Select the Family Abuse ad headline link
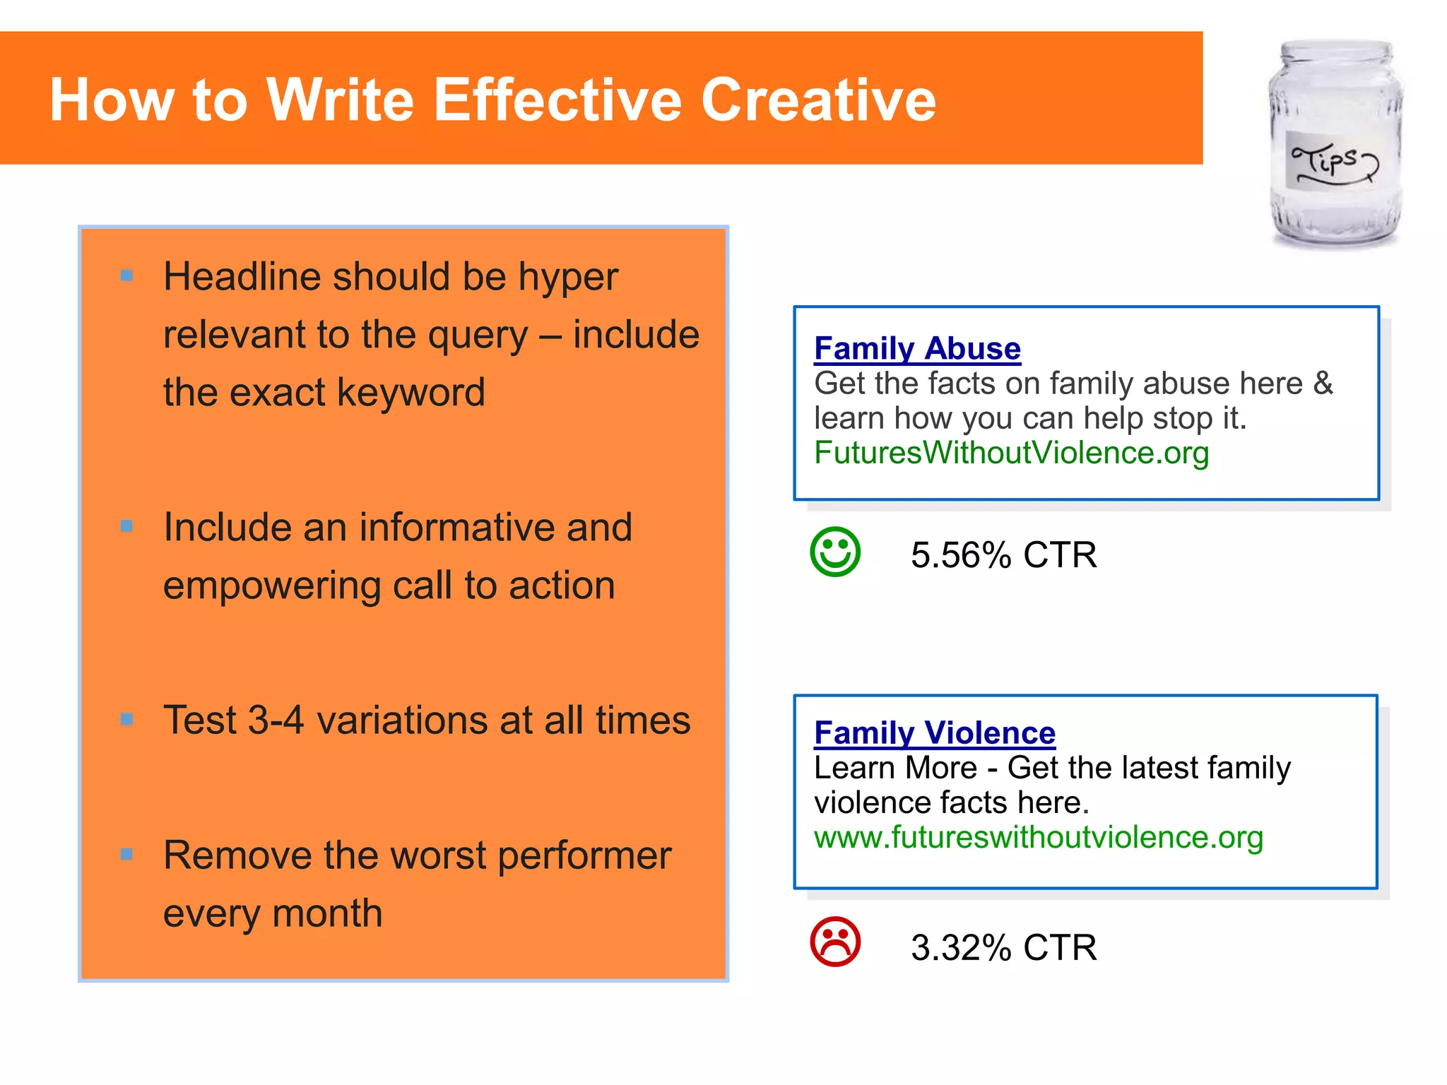pos(917,349)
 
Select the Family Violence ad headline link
pos(934,733)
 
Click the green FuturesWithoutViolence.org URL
pos(1011,453)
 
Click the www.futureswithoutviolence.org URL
pos(1038,838)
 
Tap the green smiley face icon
pos(835,552)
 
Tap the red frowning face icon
pos(835,942)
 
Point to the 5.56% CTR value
pos(1003,555)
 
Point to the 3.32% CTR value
pos(1003,948)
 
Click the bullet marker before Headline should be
pos(127,275)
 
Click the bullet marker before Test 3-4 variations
pos(127,720)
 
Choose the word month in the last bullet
pos(327,913)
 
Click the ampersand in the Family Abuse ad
pos(1323,384)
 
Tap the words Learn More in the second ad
pos(895,769)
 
